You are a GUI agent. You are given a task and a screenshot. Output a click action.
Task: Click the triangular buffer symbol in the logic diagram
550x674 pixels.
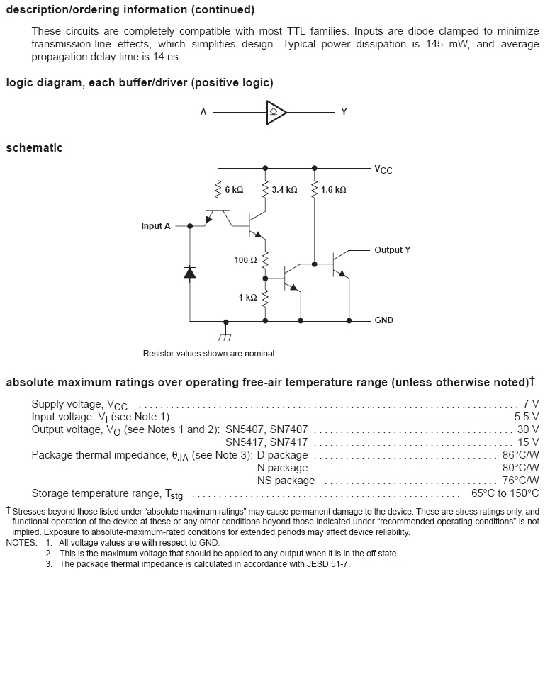point(275,112)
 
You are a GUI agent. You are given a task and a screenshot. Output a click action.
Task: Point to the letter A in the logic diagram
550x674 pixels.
point(203,112)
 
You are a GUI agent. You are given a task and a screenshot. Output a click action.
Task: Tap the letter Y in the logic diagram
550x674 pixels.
point(344,112)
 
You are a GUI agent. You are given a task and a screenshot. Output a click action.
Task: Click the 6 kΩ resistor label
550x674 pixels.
point(234,191)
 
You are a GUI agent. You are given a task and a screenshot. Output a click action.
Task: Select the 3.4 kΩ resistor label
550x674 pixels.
point(284,191)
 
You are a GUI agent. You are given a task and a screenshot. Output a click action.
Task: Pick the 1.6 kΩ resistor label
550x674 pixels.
point(333,191)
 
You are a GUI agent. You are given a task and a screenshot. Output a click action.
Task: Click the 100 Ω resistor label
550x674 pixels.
point(245,260)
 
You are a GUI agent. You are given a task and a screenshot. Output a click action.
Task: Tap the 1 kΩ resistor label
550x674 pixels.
point(247,298)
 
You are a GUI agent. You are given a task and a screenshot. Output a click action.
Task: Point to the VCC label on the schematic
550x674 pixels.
point(383,169)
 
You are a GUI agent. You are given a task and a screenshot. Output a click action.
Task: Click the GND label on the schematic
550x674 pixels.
point(383,320)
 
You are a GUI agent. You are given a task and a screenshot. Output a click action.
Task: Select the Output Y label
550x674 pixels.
point(392,250)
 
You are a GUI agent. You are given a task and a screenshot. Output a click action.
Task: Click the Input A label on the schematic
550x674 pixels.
point(156,226)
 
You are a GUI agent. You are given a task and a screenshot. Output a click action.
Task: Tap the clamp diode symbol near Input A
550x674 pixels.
point(190,272)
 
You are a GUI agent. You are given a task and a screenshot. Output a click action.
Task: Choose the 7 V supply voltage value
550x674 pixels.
point(530,404)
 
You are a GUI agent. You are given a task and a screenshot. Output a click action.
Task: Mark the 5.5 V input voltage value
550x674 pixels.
point(526,417)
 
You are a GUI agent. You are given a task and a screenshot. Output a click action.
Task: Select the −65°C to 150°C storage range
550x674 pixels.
point(502,493)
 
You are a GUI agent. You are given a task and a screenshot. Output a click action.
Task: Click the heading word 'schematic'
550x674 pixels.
point(34,148)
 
